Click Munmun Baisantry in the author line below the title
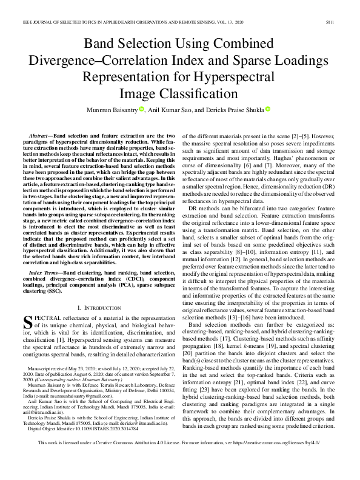coord(124,110)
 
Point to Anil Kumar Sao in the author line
coord(187,110)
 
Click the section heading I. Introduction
coord(101,308)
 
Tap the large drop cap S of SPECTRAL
coord(28,323)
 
